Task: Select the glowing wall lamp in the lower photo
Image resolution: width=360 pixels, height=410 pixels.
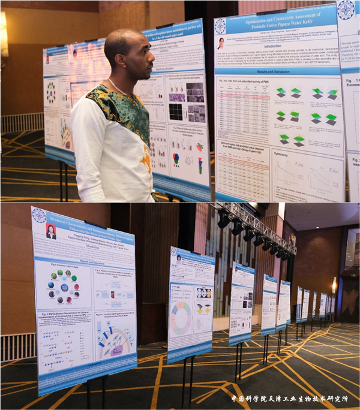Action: click(334, 285)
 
